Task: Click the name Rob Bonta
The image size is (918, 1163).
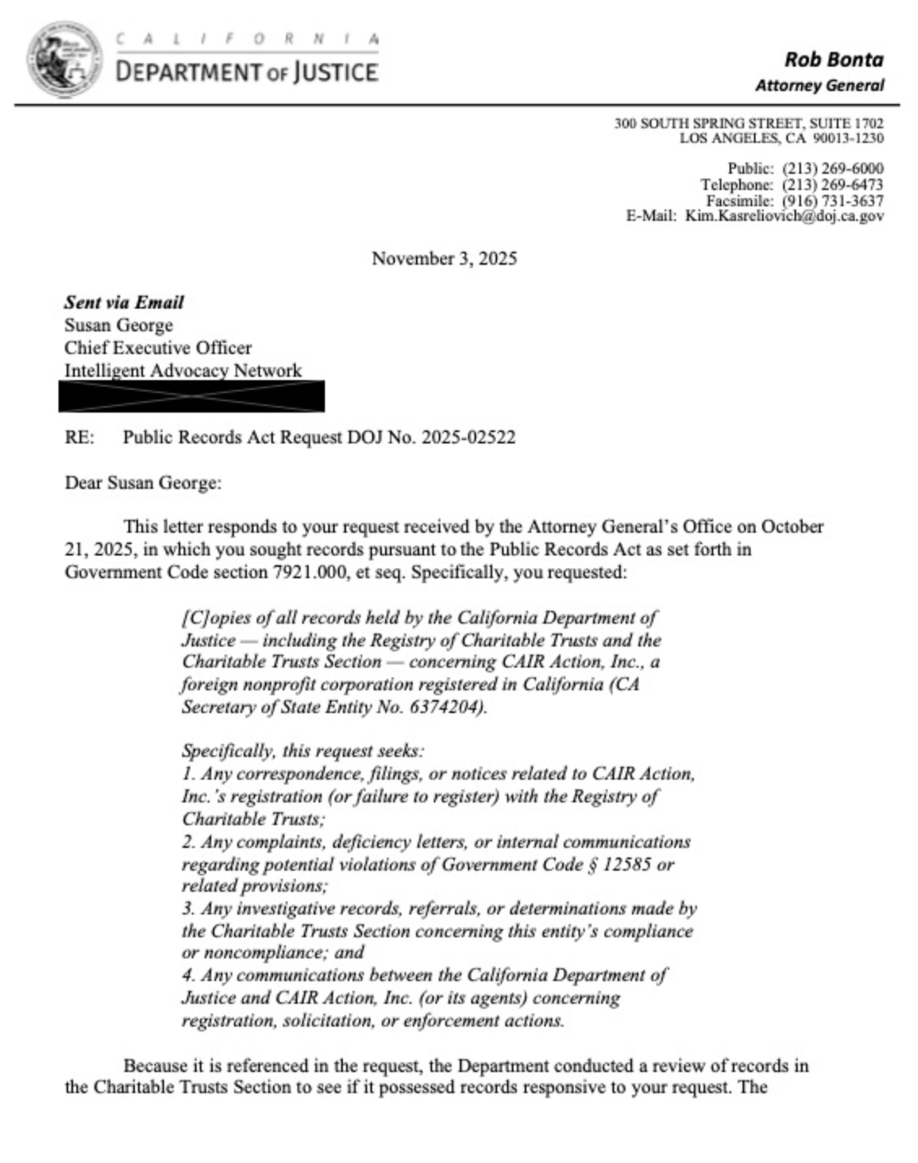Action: [834, 59]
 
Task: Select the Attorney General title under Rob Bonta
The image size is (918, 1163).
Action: [819, 85]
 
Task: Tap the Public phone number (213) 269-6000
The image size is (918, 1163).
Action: [833, 169]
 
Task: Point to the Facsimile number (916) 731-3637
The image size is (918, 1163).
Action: [833, 201]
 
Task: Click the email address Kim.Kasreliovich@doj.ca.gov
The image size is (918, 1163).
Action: [784, 216]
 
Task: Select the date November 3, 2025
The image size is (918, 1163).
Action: [444, 259]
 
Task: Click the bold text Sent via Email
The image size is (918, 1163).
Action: [124, 303]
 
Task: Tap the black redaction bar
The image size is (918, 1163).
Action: [192, 396]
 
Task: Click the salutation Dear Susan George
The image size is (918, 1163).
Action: [143, 483]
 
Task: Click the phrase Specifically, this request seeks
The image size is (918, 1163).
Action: [302, 751]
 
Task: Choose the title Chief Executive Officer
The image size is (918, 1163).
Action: [158, 348]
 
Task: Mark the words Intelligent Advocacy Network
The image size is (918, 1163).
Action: [183, 370]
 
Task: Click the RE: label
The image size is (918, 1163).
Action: [80, 438]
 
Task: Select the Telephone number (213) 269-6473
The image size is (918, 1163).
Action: [833, 185]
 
